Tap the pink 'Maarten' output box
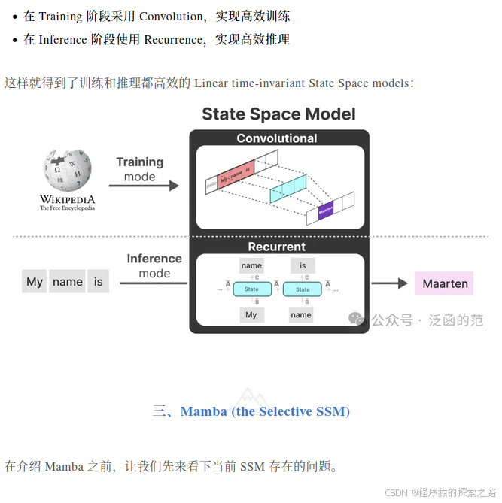pyautogui.click(x=444, y=283)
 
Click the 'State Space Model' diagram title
pyautogui.click(x=278, y=114)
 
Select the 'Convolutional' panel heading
pyautogui.click(x=277, y=138)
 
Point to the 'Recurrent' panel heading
pyautogui.click(x=277, y=247)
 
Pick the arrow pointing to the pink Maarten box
pyautogui.click(x=389, y=283)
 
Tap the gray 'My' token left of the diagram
pyautogui.click(x=35, y=282)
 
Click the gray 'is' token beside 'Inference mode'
pyautogui.click(x=98, y=282)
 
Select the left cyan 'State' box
pyautogui.click(x=251, y=289)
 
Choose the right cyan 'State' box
pyautogui.click(x=303, y=289)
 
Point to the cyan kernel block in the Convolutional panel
pyautogui.click(x=288, y=186)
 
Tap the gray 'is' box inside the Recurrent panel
pyautogui.click(x=303, y=265)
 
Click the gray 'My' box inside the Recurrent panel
pyautogui.click(x=251, y=315)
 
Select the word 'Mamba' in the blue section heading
pyautogui.click(x=204, y=411)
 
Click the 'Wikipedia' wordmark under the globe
pyautogui.click(x=68, y=199)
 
